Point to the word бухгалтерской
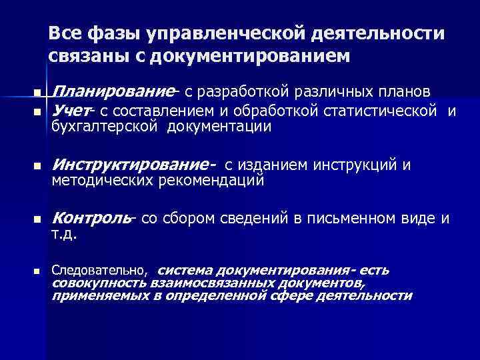(105, 127)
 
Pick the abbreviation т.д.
(65, 235)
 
